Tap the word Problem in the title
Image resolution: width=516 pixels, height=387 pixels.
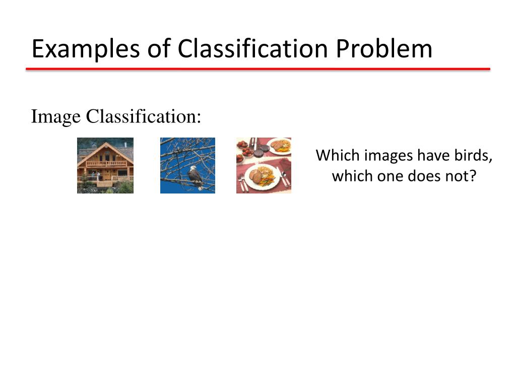click(x=384, y=49)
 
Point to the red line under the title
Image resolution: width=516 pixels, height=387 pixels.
click(x=258, y=69)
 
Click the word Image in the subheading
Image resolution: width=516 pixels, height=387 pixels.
click(x=55, y=116)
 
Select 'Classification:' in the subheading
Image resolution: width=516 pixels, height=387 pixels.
click(x=143, y=116)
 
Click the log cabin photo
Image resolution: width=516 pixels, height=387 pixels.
click(x=105, y=165)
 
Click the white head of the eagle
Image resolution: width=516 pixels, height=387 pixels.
click(x=192, y=170)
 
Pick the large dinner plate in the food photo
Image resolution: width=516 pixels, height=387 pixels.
click(x=262, y=177)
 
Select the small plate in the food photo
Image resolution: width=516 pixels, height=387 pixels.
click(x=280, y=146)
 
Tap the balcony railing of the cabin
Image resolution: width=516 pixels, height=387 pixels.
click(x=105, y=163)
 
